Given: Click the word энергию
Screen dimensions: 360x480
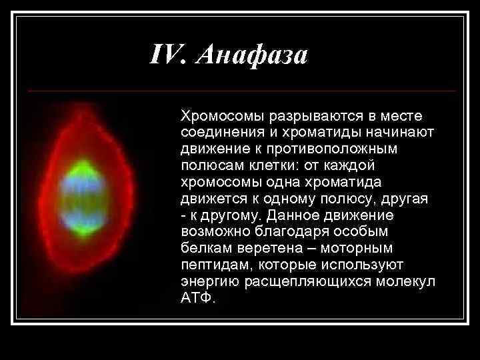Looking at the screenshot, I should coord(208,281).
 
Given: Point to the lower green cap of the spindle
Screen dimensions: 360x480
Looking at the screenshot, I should coord(81,229).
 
